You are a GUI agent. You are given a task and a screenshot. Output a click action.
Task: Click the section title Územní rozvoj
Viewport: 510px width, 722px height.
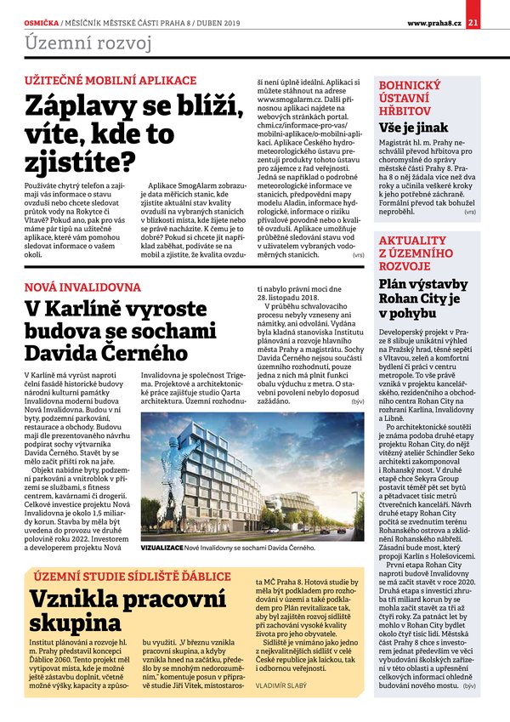pyautogui.click(x=88, y=43)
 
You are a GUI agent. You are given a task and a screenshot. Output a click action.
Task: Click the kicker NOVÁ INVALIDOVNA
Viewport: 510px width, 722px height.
pyautogui.click(x=82, y=286)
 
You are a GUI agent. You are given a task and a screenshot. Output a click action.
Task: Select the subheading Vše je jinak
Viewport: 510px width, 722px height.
pyautogui.click(x=414, y=127)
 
